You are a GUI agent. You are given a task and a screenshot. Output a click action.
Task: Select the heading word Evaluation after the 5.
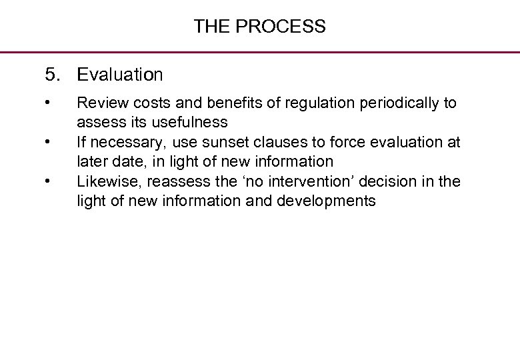(120, 75)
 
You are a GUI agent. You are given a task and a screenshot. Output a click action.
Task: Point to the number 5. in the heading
(51, 75)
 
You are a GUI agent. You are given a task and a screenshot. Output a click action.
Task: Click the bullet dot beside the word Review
(47, 103)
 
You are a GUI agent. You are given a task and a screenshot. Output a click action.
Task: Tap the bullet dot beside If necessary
(47, 141)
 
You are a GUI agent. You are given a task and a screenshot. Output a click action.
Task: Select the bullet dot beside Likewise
(47, 181)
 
